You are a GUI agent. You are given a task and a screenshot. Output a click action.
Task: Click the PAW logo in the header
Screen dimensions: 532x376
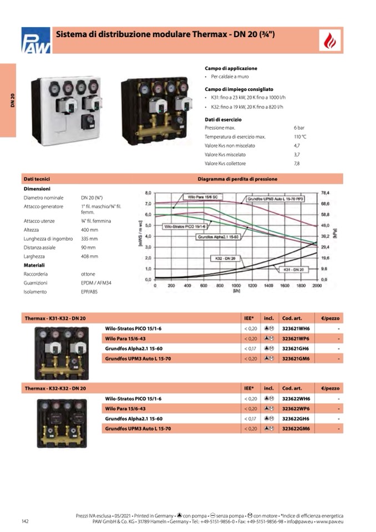click(36, 40)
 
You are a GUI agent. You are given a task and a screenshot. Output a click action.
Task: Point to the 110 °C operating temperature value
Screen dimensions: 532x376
click(300, 136)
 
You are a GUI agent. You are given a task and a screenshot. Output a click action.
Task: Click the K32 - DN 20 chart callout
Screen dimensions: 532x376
click(225, 259)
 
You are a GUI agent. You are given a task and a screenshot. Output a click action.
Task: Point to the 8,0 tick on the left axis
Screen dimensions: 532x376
click(148, 192)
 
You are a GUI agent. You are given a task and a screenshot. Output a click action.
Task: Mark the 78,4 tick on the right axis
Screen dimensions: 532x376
click(326, 192)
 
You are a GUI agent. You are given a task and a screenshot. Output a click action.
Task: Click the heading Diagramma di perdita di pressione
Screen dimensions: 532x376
click(237, 179)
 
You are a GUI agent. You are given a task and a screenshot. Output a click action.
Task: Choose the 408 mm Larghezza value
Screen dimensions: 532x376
click(89, 257)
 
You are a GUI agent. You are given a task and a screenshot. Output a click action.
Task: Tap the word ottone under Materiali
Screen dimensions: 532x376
click(88, 274)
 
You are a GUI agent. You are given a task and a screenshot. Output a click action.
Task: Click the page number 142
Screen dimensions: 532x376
click(25, 521)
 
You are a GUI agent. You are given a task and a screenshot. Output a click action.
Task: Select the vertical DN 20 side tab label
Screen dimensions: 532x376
click(12, 101)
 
